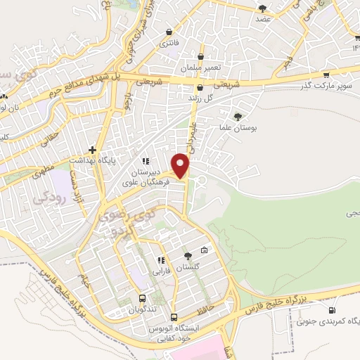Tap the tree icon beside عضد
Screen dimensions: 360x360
(263, 8)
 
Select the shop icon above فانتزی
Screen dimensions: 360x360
(169, 32)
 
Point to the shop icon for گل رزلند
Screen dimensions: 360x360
(201, 89)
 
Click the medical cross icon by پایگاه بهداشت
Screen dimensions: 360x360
(92, 150)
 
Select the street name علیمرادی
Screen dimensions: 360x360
(193, 131)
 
